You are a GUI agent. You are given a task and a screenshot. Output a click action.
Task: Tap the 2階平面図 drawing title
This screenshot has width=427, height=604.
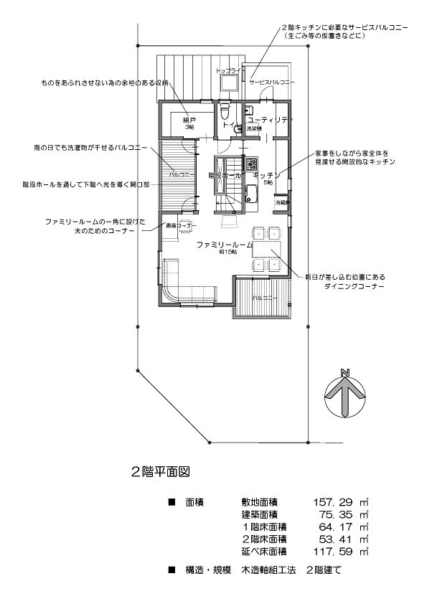(x=159, y=473)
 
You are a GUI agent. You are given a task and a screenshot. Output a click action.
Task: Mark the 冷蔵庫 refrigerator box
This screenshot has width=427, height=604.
(x=282, y=204)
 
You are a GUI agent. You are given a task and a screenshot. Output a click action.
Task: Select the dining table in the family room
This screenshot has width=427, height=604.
(x=266, y=248)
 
